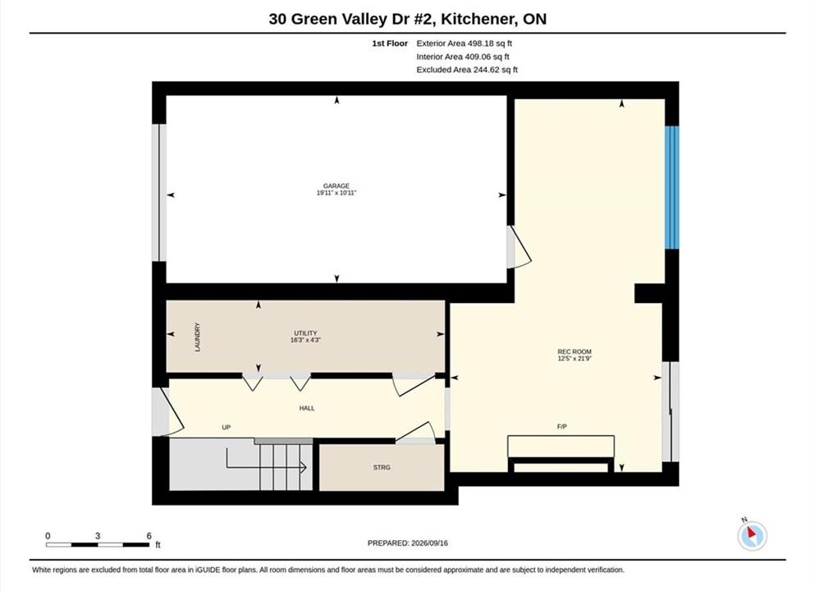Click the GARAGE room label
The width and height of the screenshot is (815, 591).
click(337, 186)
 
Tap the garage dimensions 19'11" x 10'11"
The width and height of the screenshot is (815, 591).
click(337, 193)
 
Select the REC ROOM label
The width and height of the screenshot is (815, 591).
click(575, 352)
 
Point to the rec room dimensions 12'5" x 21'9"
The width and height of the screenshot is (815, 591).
click(575, 359)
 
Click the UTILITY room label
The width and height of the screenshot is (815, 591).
click(305, 333)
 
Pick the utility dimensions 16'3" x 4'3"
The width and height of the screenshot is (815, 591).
click(305, 340)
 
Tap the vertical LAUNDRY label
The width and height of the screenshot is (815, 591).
click(198, 337)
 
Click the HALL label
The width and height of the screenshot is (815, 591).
click(307, 409)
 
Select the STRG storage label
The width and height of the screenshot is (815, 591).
click(382, 468)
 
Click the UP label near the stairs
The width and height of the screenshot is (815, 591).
click(226, 428)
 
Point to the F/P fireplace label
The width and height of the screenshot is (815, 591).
click(562, 427)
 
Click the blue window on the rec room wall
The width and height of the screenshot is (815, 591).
click(672, 188)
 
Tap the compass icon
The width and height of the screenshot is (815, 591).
click(752, 535)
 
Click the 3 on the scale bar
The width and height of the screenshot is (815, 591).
click(97, 536)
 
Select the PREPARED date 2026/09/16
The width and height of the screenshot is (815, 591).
click(429, 543)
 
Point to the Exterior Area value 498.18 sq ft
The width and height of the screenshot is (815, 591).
click(490, 44)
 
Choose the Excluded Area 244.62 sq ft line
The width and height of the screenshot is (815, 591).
click(467, 70)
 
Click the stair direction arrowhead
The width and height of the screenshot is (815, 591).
click(304, 468)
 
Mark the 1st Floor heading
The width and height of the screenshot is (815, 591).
click(390, 44)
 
